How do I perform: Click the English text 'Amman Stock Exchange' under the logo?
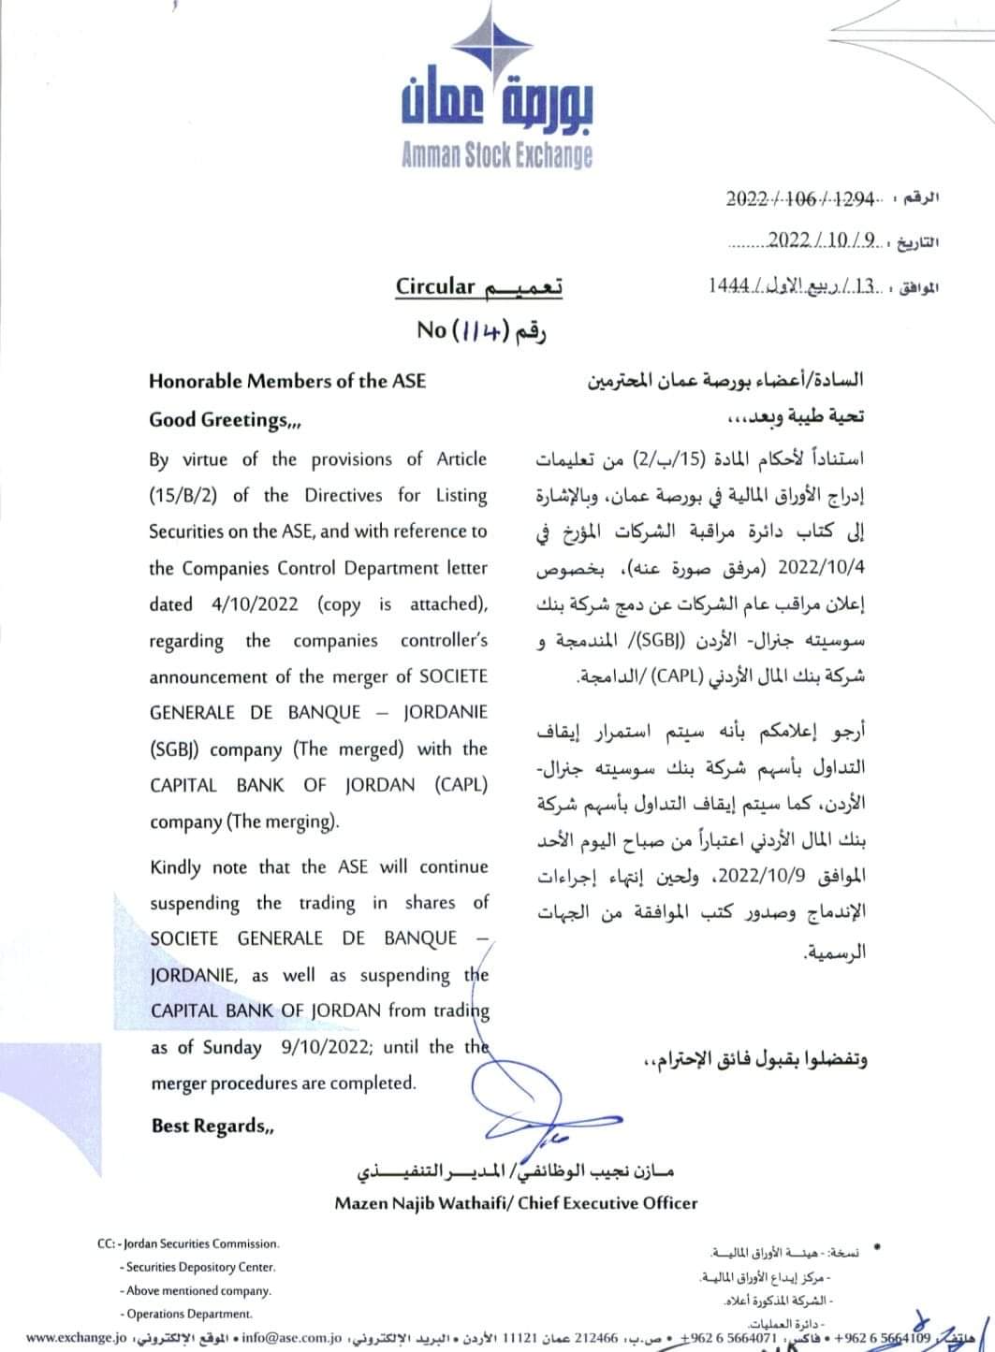(x=496, y=154)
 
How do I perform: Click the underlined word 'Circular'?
(x=436, y=286)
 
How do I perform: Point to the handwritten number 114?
(x=479, y=329)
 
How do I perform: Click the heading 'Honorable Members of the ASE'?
(x=286, y=381)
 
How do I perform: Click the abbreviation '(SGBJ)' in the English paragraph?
(x=176, y=749)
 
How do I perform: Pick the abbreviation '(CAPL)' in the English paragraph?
(x=461, y=785)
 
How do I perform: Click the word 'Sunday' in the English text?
(x=232, y=1047)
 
